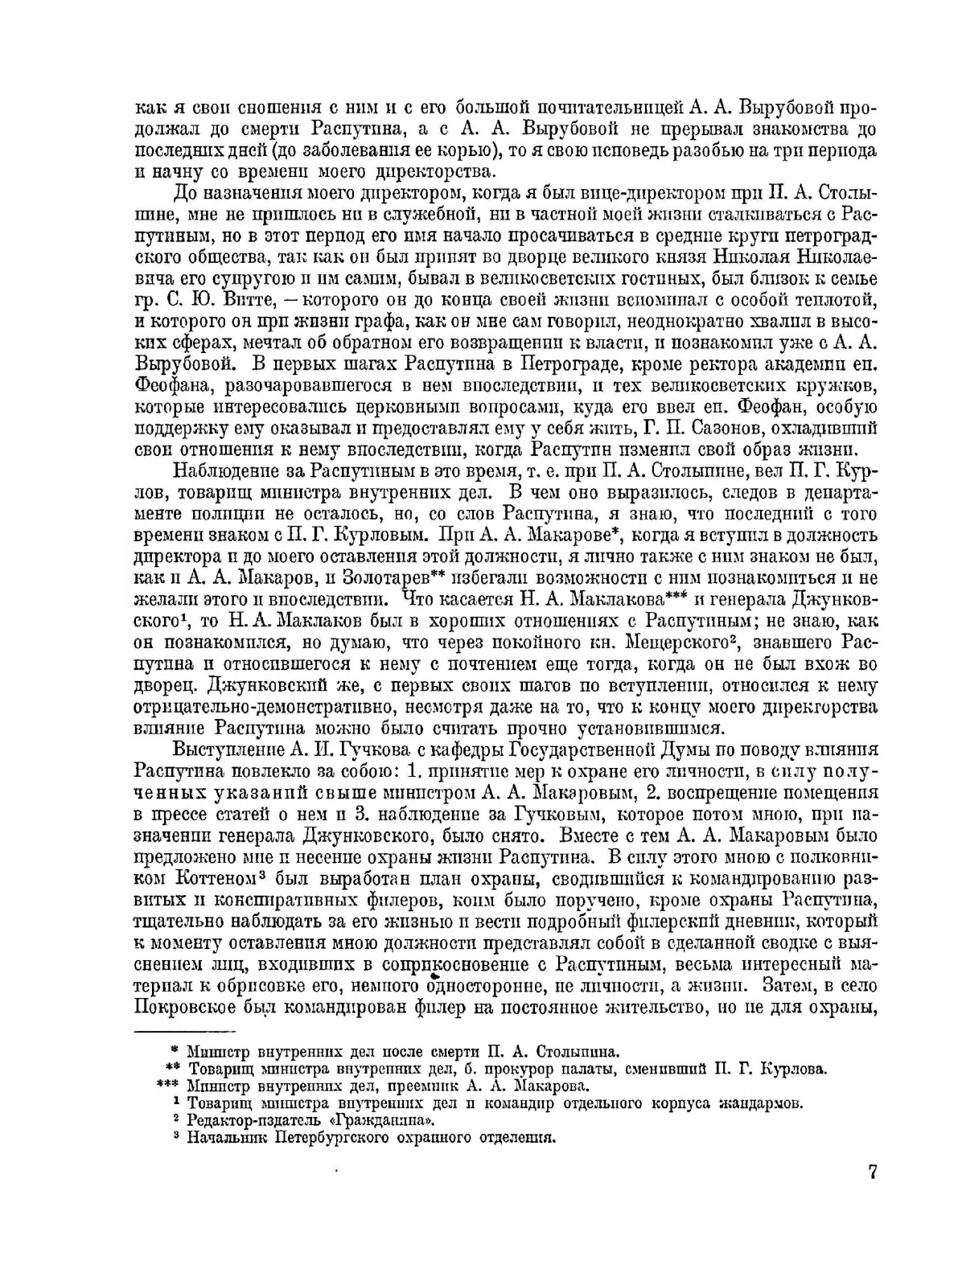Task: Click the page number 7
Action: click(x=871, y=1172)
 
